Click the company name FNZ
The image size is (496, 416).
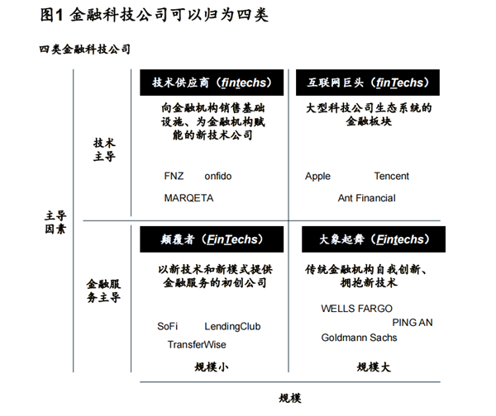click(174, 176)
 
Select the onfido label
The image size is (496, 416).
click(218, 176)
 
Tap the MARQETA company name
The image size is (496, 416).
click(188, 198)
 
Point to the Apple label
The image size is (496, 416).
click(317, 177)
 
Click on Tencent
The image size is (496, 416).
click(391, 176)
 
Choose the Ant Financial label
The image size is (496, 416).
click(366, 198)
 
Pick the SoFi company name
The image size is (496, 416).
click(167, 326)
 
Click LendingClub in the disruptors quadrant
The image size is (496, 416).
click(232, 327)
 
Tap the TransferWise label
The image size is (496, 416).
click(197, 344)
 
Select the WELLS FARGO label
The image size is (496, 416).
click(356, 309)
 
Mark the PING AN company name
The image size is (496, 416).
click(413, 323)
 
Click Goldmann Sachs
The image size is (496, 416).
click(359, 338)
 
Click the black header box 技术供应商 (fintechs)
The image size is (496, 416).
click(212, 83)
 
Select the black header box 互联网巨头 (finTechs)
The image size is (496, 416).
click(368, 83)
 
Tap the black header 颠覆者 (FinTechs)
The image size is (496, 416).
click(212, 239)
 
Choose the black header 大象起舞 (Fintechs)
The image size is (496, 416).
click(374, 239)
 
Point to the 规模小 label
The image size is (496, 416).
click(212, 367)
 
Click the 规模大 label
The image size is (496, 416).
click(374, 367)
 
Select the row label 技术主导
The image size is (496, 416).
click(104, 149)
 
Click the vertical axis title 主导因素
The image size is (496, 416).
click(55, 222)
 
